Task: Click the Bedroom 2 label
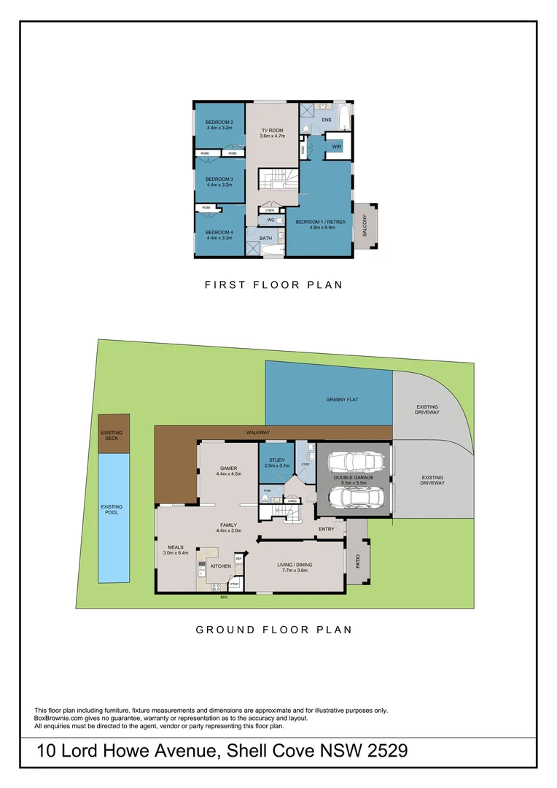click(x=219, y=122)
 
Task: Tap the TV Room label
click(x=273, y=130)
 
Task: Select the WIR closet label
click(x=336, y=147)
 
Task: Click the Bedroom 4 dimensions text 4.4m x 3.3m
click(x=219, y=238)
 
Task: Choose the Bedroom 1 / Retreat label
click(x=320, y=221)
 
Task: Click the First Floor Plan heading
click(x=273, y=285)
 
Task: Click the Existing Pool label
click(x=112, y=509)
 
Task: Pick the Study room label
click(x=276, y=460)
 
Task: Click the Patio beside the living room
click(x=357, y=561)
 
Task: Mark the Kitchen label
click(x=221, y=566)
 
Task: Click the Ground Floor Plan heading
click(x=273, y=630)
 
